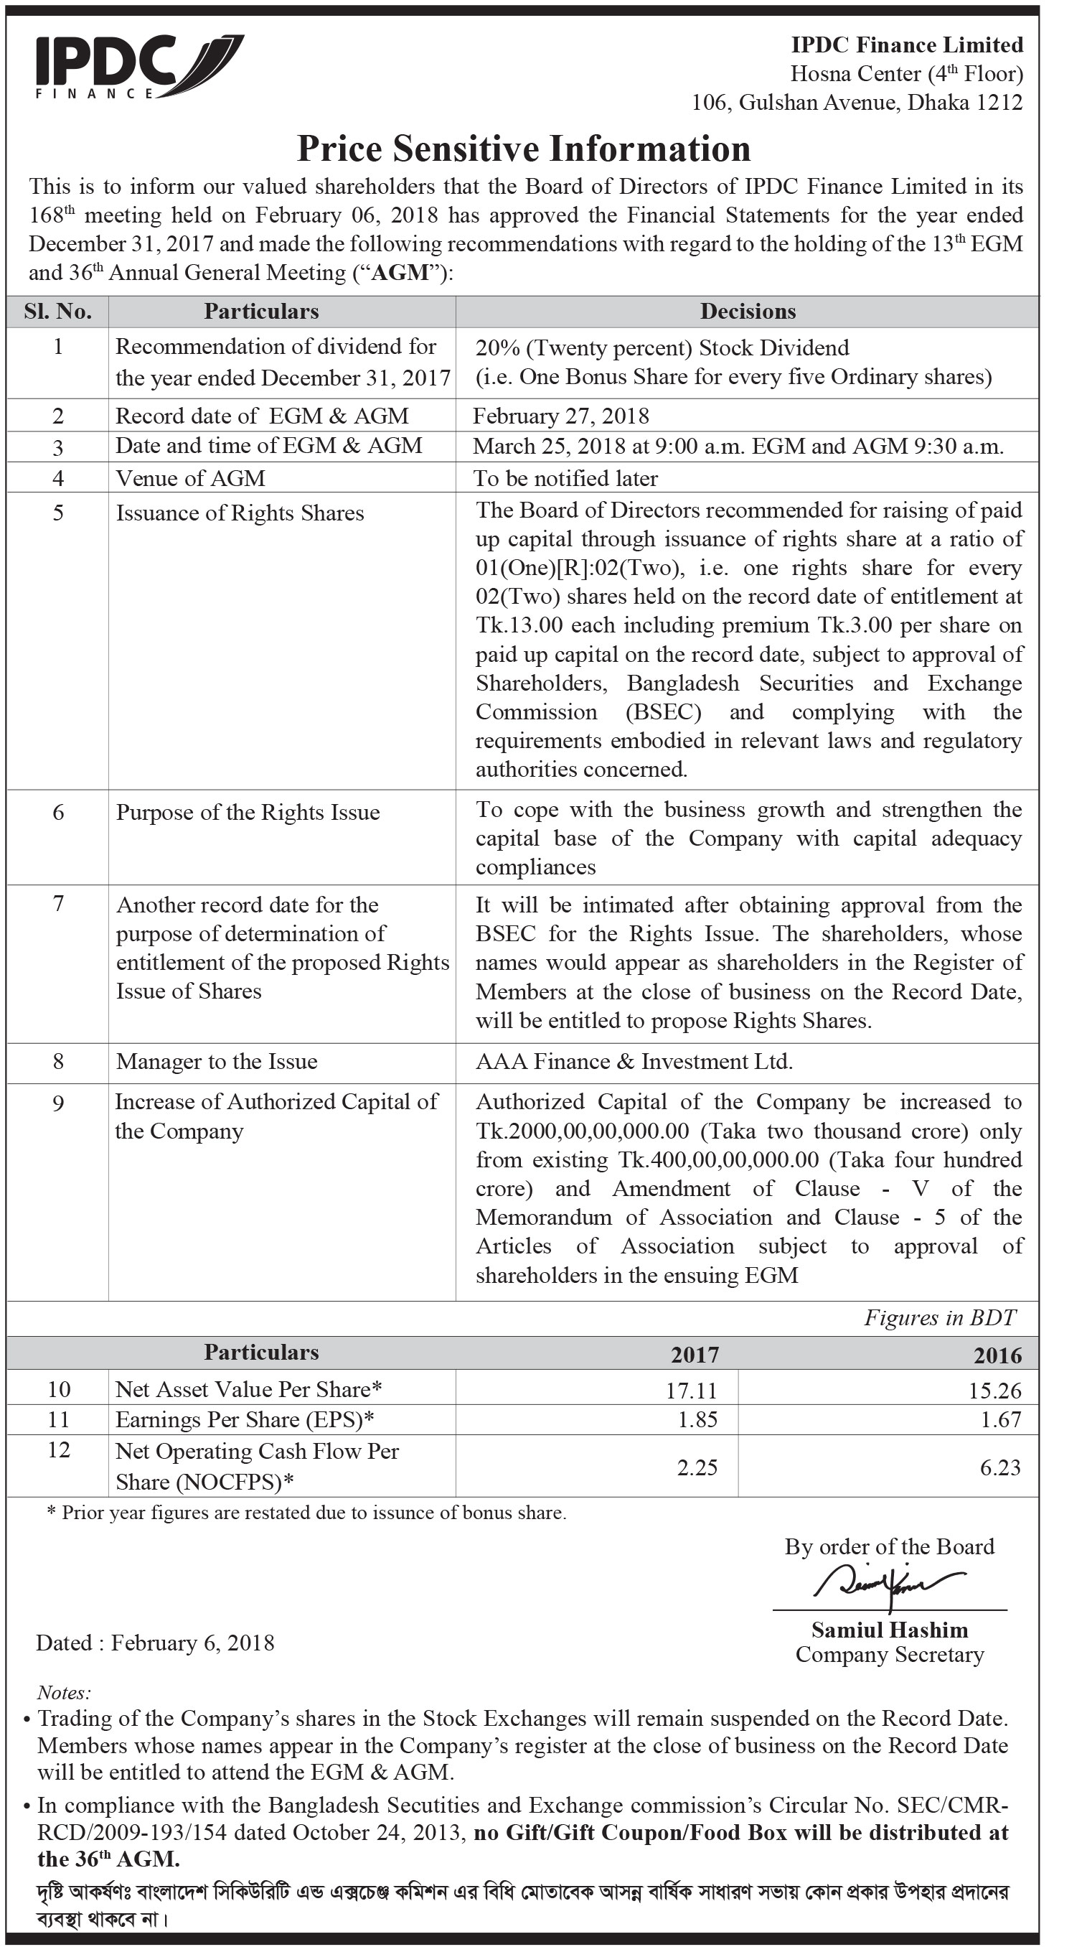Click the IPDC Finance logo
pyautogui.click(x=138, y=67)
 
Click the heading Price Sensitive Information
pyautogui.click(x=524, y=149)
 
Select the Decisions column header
pyautogui.click(x=748, y=312)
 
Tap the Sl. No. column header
pyautogui.click(x=57, y=312)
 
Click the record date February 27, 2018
pyautogui.click(x=560, y=415)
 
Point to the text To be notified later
pyautogui.click(x=565, y=478)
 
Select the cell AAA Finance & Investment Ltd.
pyautogui.click(x=634, y=1061)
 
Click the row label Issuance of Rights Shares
pyautogui.click(x=240, y=513)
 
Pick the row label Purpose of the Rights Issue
pyautogui.click(x=248, y=813)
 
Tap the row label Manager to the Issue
pyautogui.click(x=217, y=1061)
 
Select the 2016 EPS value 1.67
pyautogui.click(x=1001, y=1419)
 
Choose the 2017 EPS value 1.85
pyautogui.click(x=697, y=1419)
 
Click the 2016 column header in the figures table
pyautogui.click(x=997, y=1355)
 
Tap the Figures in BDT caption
pyautogui.click(x=940, y=1318)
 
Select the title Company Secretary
pyautogui.click(x=889, y=1654)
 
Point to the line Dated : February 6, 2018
pyautogui.click(x=155, y=1643)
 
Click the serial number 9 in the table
pyautogui.click(x=58, y=1103)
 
